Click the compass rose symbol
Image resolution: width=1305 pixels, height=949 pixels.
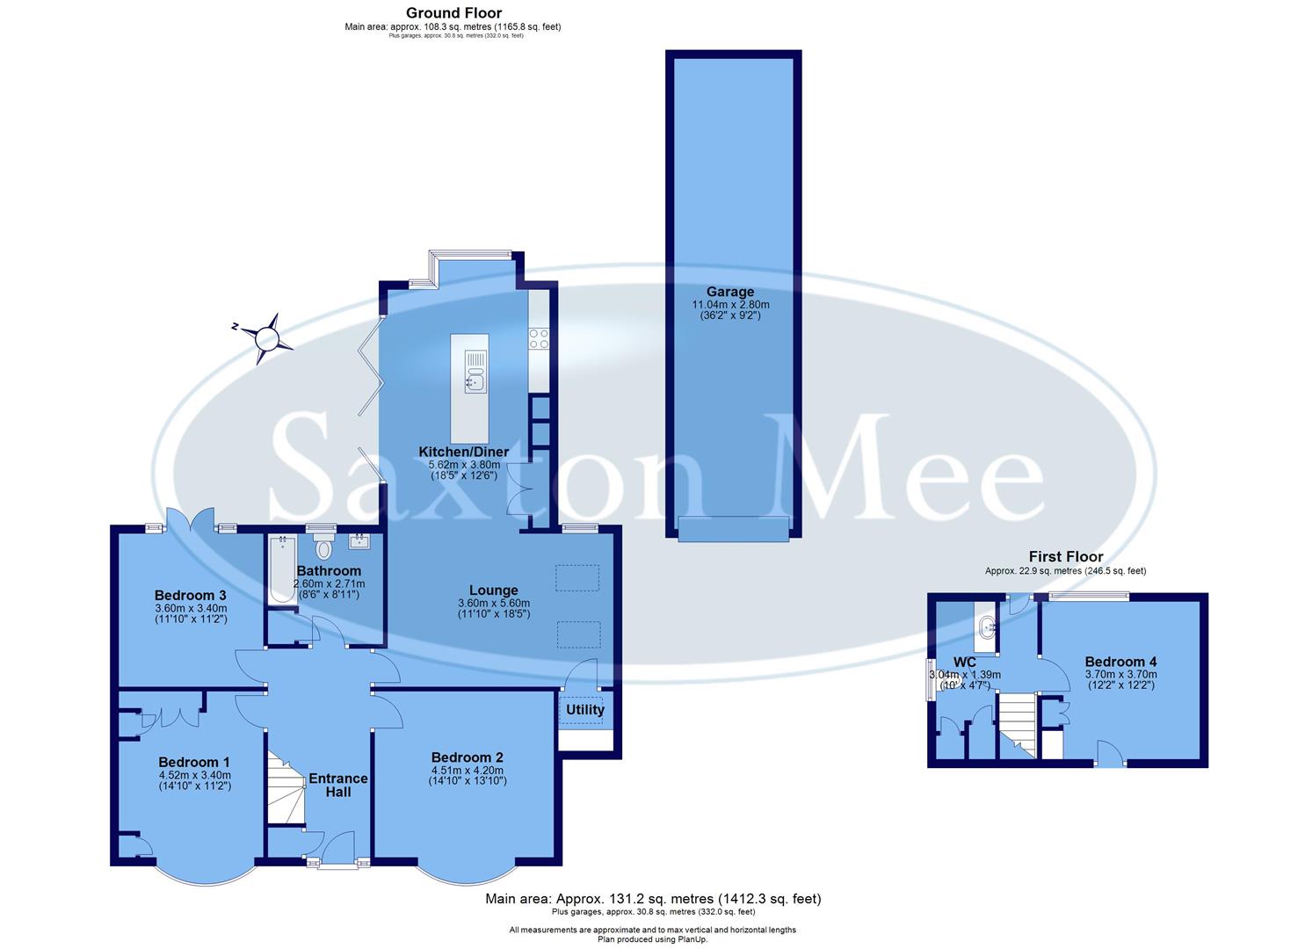264,337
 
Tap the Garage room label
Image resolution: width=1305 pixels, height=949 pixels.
729,292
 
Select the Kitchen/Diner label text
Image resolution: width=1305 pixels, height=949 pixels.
463,452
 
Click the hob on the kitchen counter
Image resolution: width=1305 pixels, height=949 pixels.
539,338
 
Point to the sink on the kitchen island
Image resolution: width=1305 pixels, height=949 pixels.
475,381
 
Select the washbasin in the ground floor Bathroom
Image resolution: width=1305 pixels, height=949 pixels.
359,541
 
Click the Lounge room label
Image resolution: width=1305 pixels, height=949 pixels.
493,590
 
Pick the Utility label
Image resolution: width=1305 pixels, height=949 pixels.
585,710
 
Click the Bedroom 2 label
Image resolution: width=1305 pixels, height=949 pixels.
467,757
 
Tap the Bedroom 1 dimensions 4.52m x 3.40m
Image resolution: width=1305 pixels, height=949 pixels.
194,775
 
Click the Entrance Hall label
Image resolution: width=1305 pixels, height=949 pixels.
338,785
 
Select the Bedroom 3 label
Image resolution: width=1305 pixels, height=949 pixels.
191,595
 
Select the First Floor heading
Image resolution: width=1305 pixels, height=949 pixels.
1065,556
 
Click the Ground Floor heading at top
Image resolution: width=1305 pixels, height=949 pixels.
453,12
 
